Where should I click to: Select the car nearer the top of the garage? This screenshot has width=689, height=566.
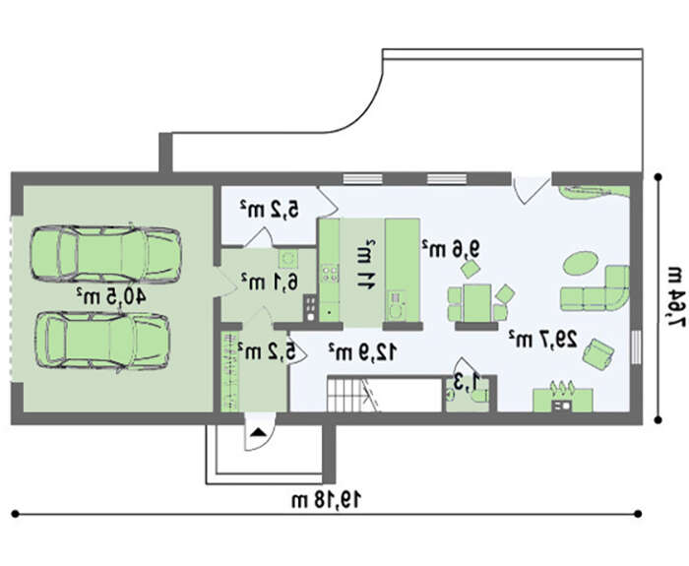pos(105,254)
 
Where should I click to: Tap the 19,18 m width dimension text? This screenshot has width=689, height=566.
pos(327,499)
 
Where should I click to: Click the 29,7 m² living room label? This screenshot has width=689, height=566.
pos(542,339)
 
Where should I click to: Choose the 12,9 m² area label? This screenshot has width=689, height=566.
pos(363,352)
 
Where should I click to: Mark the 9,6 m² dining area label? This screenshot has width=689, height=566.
pos(451,249)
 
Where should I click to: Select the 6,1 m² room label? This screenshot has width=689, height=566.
pos(270,282)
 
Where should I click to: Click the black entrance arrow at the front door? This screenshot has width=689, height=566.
pos(259,432)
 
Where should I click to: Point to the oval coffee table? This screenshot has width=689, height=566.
pos(581,263)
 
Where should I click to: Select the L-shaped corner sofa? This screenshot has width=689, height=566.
pos(595,289)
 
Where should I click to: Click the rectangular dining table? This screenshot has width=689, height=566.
pos(476,303)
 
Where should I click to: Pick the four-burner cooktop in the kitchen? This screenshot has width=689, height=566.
pos(331,273)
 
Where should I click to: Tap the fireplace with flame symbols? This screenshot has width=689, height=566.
pos(563,397)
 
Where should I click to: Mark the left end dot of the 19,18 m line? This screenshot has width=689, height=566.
pos(16,513)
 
